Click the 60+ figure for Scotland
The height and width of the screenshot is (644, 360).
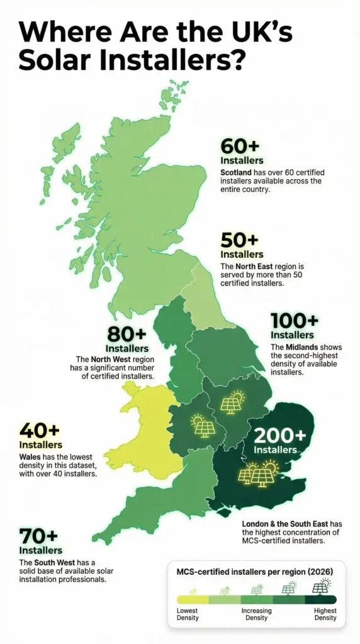(x=240, y=147)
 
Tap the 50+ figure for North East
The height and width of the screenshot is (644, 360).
(x=240, y=240)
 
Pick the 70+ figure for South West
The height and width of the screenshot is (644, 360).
(x=38, y=536)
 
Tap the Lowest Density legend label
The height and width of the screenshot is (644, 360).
(x=188, y=614)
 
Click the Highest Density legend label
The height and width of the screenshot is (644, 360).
(x=325, y=614)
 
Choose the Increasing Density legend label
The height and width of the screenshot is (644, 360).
(x=257, y=614)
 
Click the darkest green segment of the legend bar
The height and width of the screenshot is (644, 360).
(x=322, y=599)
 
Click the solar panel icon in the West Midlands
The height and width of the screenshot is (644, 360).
(x=203, y=426)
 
